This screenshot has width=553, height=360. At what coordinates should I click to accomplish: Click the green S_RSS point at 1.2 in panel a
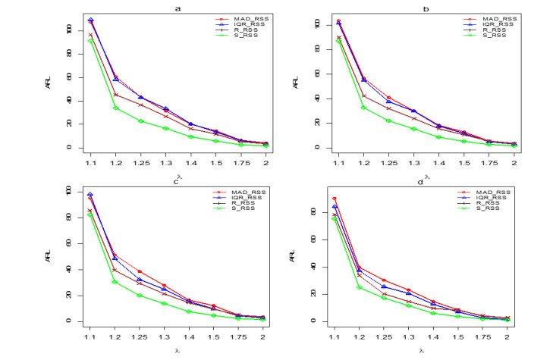click(115, 108)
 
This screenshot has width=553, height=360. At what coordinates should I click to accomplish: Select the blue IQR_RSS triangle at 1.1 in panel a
click(91, 20)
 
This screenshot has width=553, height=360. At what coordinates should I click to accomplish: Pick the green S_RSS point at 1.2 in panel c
click(115, 282)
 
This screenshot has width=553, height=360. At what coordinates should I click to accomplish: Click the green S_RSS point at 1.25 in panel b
click(389, 121)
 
